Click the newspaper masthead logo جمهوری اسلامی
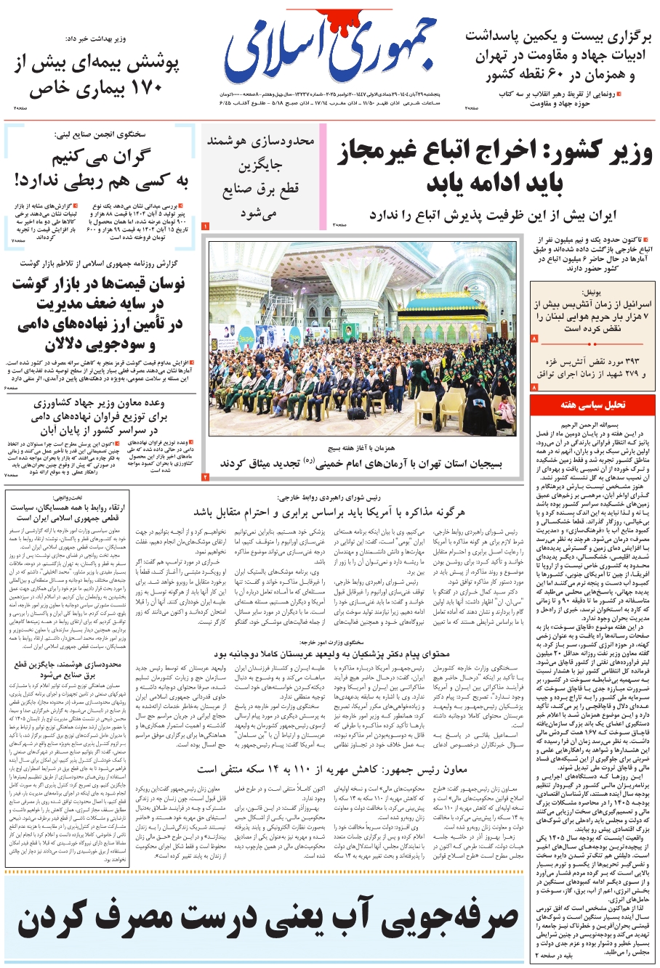pyautogui.click(x=331, y=55)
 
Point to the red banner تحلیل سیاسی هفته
pyautogui.click(x=592, y=404)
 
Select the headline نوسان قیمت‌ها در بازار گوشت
pyautogui.click(x=99, y=285)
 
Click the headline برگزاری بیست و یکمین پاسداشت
pyautogui.click(x=559, y=36)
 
